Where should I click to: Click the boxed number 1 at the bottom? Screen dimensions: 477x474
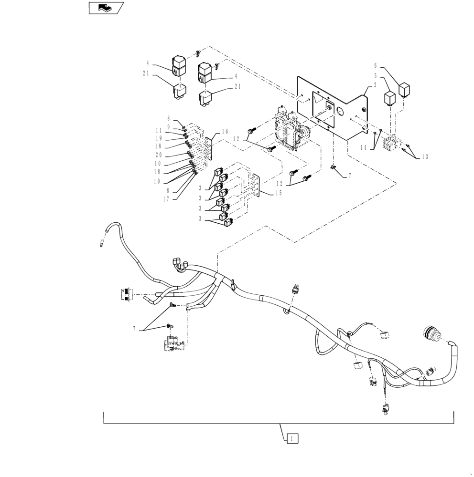293,437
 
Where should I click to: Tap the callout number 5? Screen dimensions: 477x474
375,76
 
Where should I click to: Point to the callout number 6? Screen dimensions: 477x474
375,65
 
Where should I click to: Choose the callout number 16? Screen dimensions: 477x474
224,132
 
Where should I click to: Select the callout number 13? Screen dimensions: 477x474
424,157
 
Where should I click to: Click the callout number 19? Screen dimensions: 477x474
159,138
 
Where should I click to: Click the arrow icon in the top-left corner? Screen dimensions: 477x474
106,8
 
